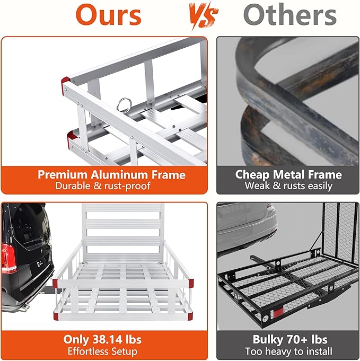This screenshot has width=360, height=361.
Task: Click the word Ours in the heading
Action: click(108, 16)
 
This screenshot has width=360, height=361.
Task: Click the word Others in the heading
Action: click(290, 16)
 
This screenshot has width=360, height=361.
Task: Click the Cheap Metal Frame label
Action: click(288, 174)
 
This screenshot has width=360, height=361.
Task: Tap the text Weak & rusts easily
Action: click(288, 186)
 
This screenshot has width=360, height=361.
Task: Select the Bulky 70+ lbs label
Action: click(288, 339)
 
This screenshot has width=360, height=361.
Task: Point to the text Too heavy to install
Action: click(288, 351)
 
